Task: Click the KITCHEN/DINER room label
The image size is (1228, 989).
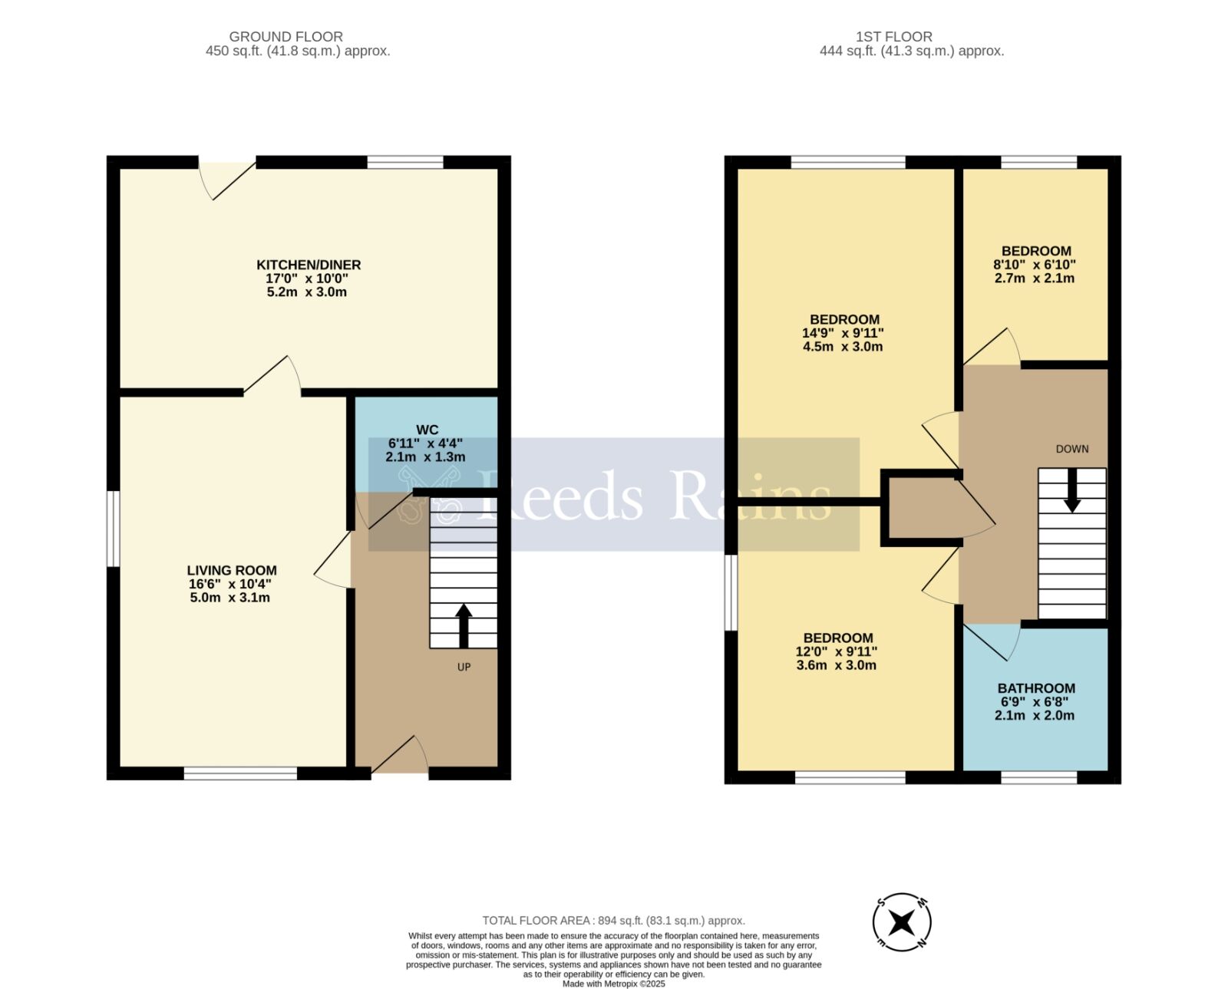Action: (308, 265)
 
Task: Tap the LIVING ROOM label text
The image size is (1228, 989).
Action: (232, 570)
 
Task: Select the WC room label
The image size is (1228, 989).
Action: (427, 429)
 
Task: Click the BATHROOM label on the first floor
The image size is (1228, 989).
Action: (1035, 688)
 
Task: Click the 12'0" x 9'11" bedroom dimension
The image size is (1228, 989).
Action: (836, 651)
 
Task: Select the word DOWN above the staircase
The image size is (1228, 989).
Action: (1071, 449)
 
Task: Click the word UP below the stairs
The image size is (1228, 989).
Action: (464, 667)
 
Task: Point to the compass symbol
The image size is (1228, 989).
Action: (903, 921)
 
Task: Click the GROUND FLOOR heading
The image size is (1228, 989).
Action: (286, 36)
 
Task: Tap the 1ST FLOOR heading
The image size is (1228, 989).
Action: (893, 36)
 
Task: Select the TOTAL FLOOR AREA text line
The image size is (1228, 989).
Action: (613, 920)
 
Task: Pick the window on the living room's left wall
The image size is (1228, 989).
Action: (113, 529)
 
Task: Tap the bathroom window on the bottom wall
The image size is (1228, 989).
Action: (1038, 776)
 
